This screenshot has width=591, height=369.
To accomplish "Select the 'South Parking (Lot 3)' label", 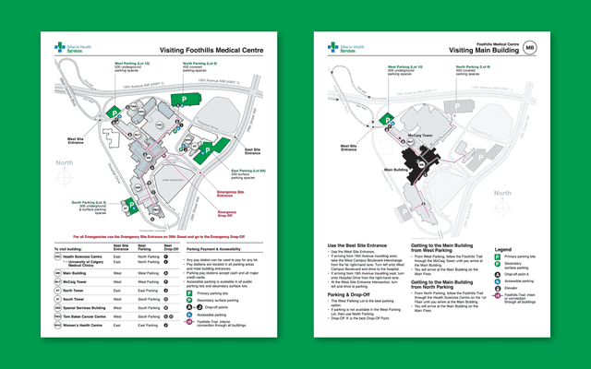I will coord(90,202).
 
